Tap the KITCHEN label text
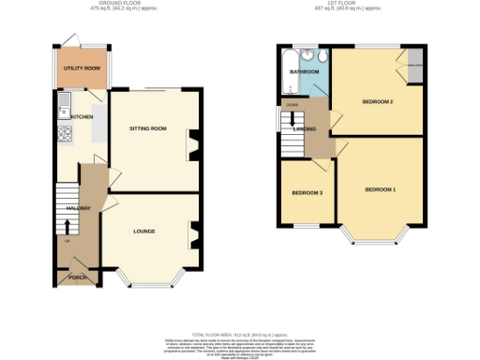[x=81, y=116]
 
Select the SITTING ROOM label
[x=147, y=128]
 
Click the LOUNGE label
[x=142, y=231]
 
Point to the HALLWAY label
[x=77, y=209]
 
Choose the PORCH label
[x=73, y=277]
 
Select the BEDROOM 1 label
[x=380, y=190]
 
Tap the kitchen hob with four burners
[x=65, y=134]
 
